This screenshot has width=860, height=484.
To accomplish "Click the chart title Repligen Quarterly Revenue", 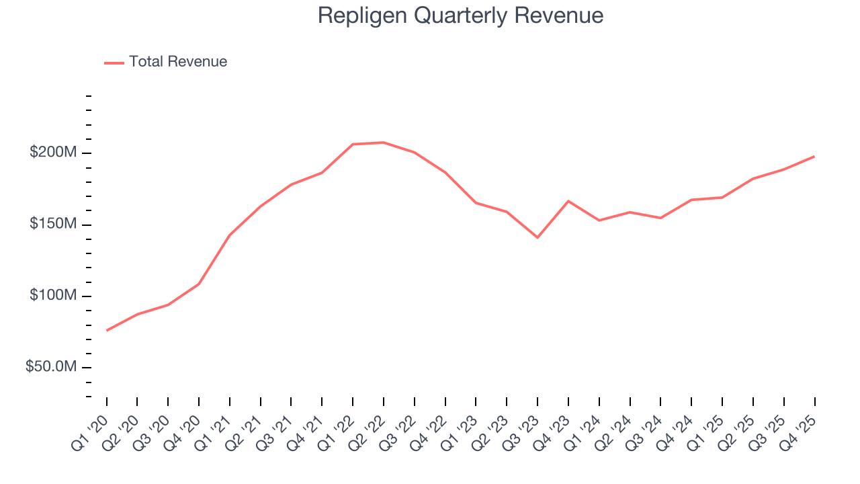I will coord(460,15).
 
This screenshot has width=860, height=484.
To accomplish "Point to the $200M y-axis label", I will coord(52,153).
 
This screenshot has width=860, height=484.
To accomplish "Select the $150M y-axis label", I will coord(52,224).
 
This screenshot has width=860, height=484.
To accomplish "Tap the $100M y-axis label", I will coord(52,296).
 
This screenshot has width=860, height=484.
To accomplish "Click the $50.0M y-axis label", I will coord(50,367).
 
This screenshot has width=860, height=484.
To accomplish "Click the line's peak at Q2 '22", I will coord(384,143).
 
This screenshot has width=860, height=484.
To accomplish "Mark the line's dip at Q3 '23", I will coord(537,237).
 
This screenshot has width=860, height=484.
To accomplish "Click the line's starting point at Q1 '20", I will coord(107,330).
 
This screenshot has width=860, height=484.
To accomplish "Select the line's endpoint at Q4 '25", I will coord(814,157).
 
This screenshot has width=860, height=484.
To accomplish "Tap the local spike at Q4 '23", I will coord(568,201).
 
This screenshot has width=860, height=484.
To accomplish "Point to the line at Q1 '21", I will coord(230,235).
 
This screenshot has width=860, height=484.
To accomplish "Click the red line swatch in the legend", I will coord(114,63).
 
